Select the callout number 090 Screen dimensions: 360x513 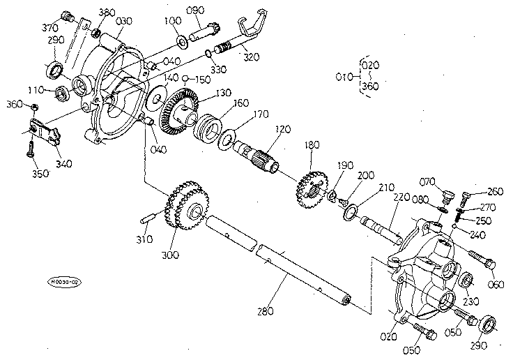pos(196,10)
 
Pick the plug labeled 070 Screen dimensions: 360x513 pos(449,189)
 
